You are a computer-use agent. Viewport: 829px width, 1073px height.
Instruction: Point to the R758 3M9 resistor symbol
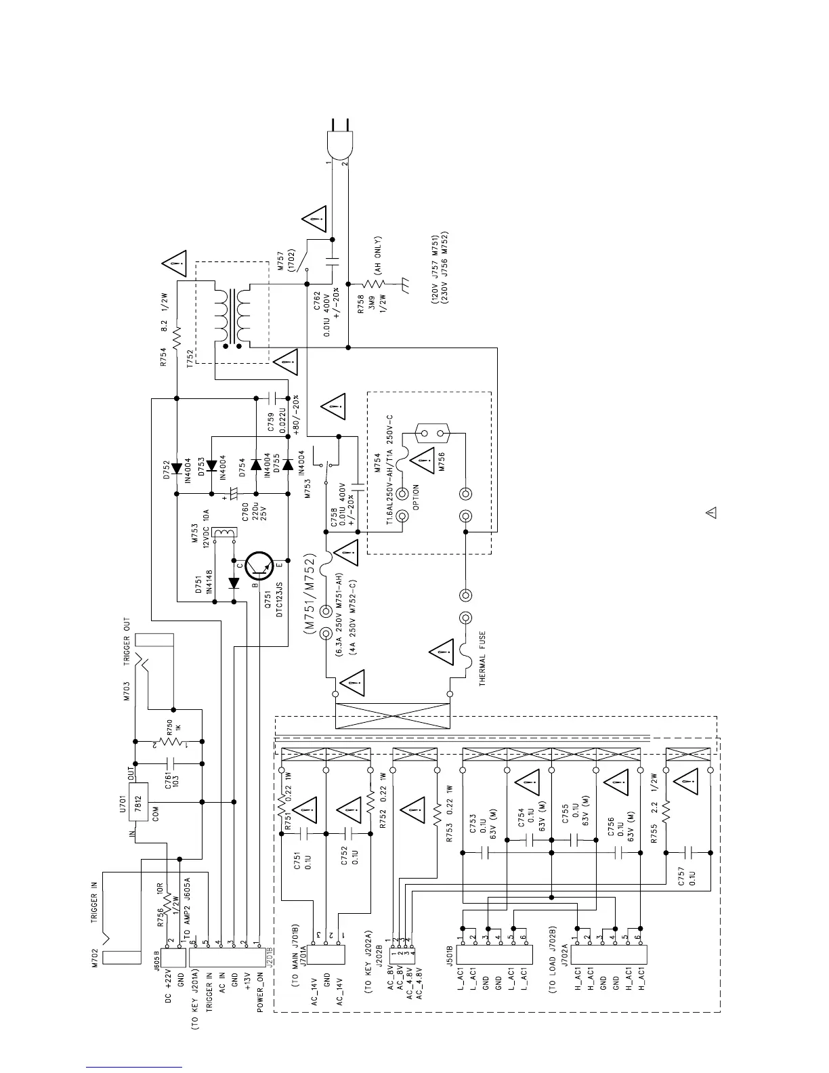pos(375,284)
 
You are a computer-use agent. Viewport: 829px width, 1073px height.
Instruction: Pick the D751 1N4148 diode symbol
pos(234,583)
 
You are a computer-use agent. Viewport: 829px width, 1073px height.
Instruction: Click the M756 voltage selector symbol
pos(434,434)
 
